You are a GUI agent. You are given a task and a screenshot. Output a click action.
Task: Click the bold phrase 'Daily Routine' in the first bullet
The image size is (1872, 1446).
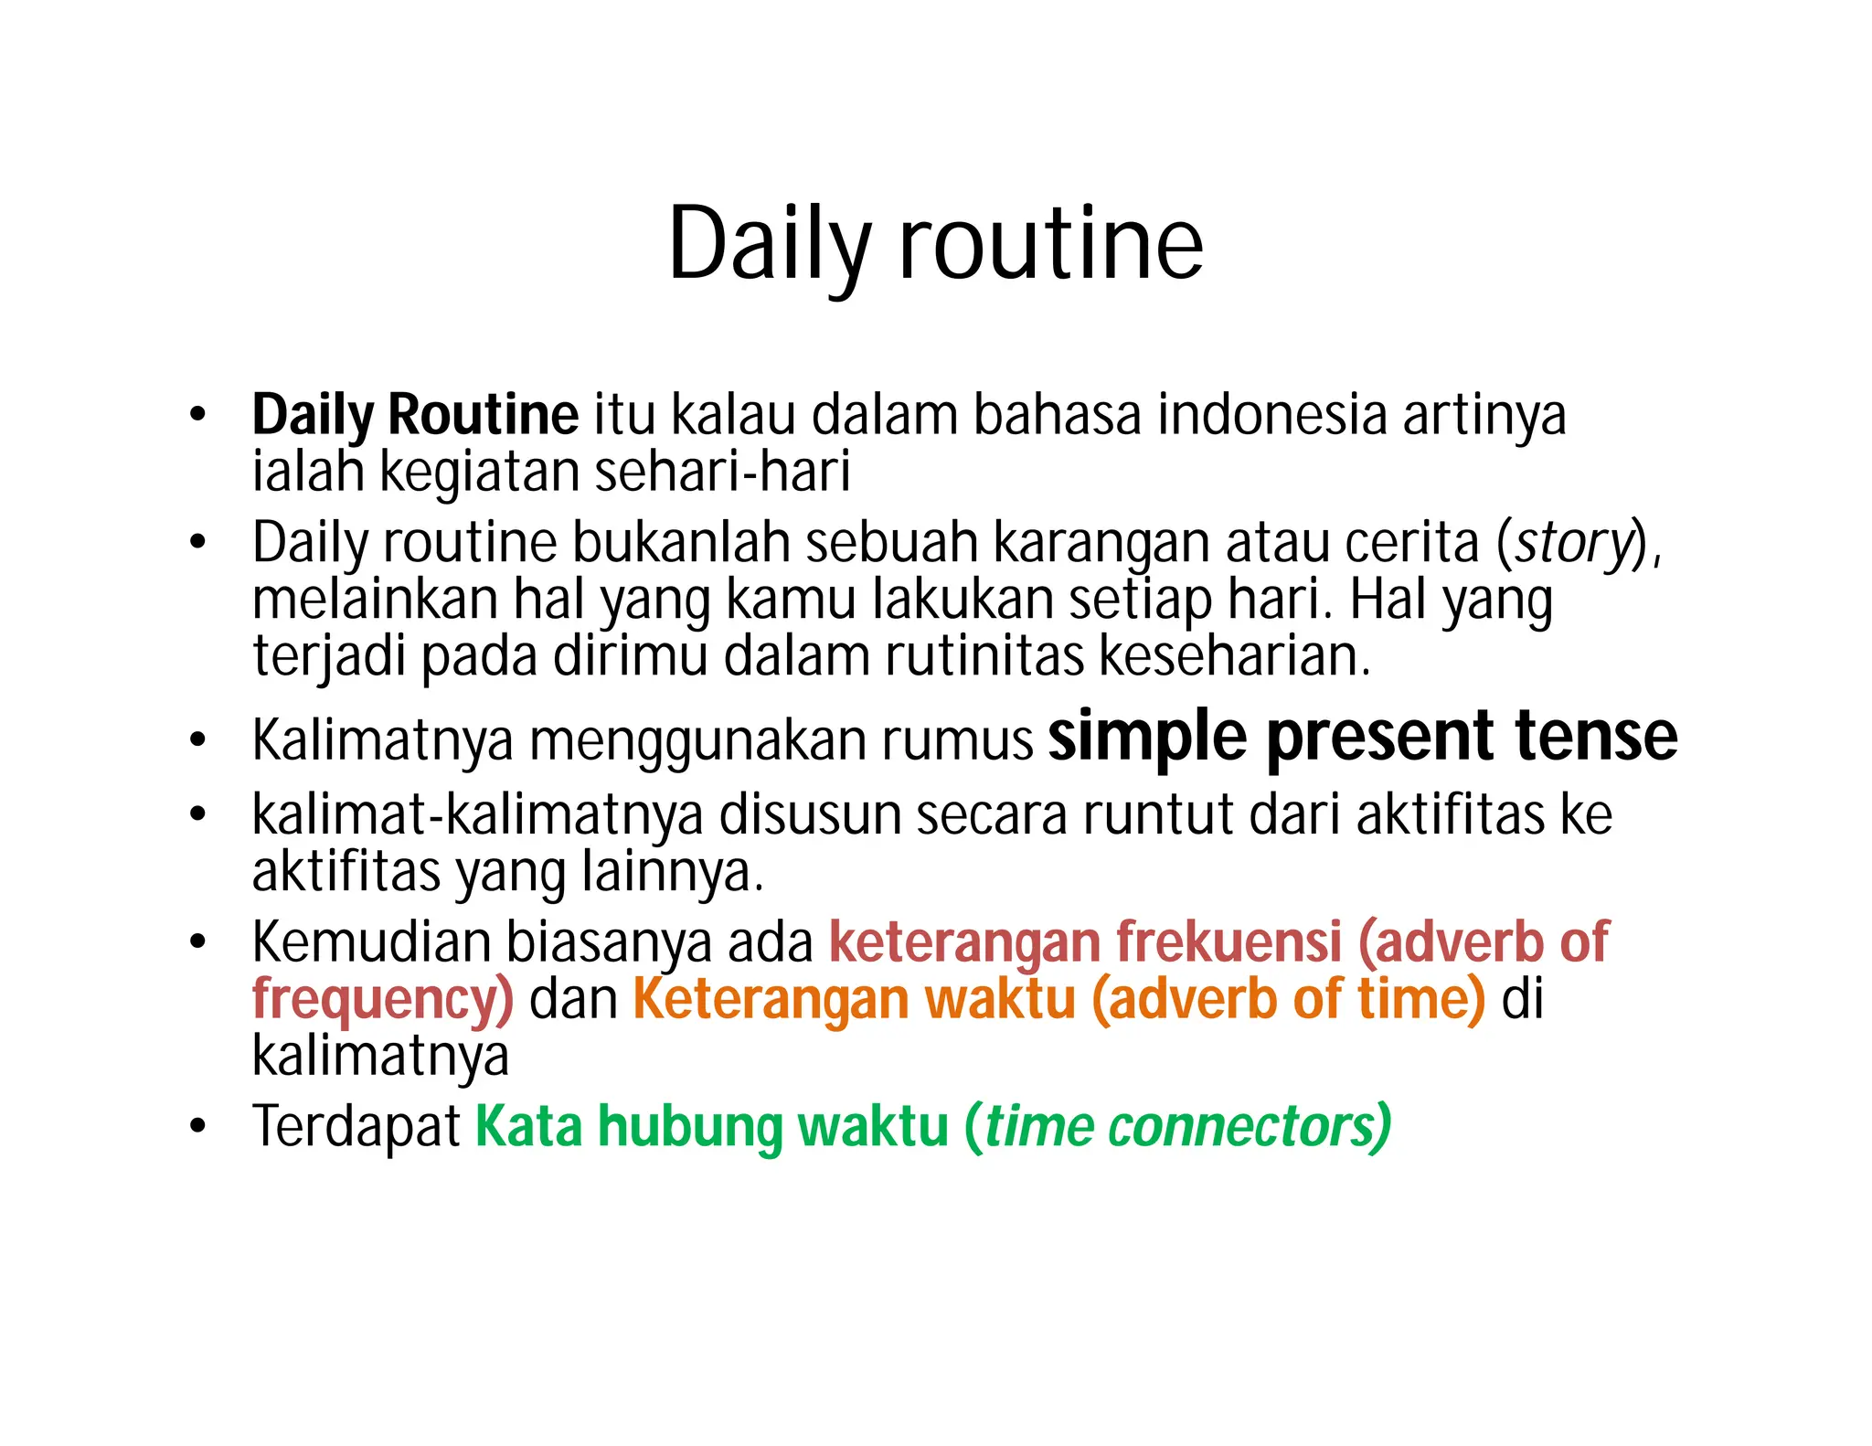(415, 415)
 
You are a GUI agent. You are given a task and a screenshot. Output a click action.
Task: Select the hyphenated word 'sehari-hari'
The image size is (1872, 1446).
(722, 472)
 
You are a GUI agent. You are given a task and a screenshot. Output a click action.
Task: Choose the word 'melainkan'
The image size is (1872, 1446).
(375, 600)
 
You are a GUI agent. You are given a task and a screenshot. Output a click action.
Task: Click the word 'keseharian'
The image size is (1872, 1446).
(1234, 656)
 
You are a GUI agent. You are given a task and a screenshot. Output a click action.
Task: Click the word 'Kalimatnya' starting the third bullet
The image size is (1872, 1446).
(383, 740)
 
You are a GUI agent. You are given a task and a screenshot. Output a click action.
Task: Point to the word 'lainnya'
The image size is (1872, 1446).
(672, 872)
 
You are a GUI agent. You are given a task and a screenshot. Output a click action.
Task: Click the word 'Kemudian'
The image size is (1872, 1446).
(371, 942)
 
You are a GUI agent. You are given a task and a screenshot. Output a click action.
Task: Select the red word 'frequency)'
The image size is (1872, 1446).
(383, 999)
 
